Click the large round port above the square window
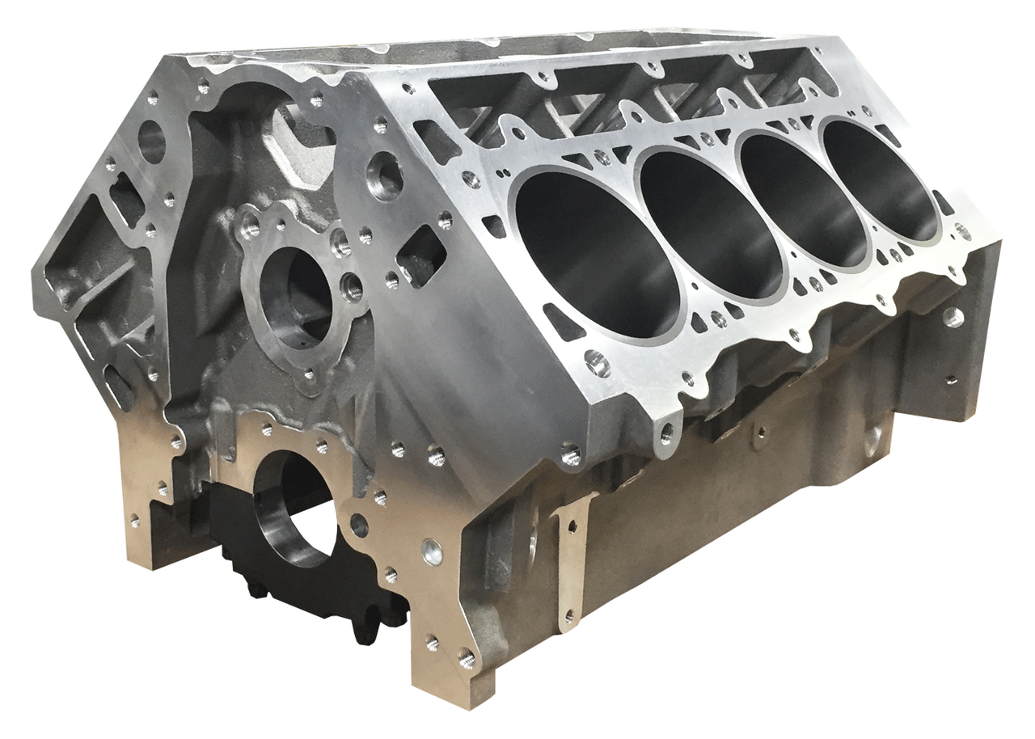coord(384,179)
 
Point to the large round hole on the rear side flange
coord(954,316)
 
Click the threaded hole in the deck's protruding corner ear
coord(668,436)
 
